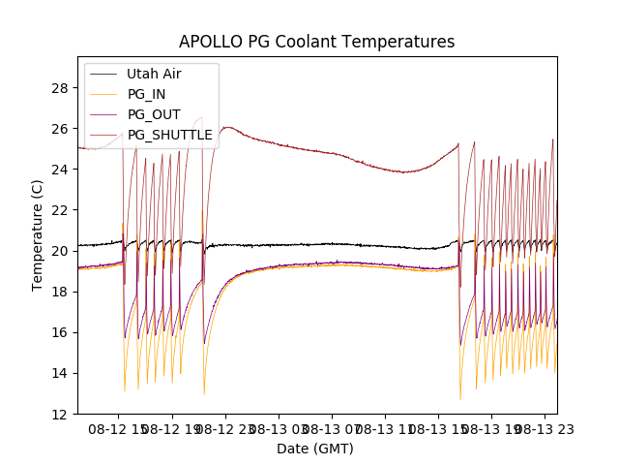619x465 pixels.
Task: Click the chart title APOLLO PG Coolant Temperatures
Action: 316,42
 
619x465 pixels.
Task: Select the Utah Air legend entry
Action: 154,74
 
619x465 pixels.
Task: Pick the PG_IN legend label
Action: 148,94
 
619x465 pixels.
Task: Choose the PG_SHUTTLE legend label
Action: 169,135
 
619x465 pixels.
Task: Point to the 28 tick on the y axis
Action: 60,88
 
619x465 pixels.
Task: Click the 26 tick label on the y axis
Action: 60,129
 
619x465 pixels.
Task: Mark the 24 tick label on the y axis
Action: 60,170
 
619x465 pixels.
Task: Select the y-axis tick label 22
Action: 60,210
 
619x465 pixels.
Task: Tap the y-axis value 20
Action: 60,251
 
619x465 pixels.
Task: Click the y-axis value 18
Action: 60,292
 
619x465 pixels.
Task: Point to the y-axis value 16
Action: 60,332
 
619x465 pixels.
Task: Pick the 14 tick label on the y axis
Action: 60,373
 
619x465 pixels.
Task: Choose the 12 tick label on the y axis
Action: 60,414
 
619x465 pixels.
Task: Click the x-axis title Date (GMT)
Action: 315,449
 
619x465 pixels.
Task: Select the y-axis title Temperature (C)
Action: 37,234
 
